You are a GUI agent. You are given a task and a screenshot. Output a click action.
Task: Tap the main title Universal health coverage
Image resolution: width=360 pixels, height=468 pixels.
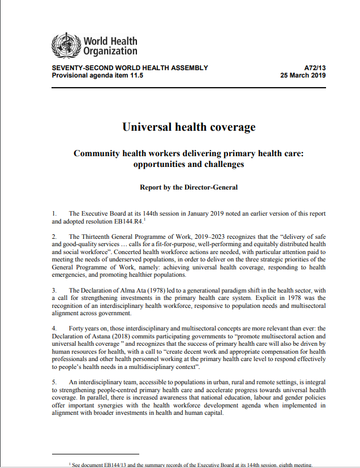click(188, 126)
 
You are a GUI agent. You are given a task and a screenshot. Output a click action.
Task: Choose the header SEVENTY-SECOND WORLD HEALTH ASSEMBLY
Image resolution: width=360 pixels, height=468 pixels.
click(130, 68)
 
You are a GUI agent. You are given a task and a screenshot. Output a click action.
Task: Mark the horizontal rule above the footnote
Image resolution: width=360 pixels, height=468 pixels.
click(95, 454)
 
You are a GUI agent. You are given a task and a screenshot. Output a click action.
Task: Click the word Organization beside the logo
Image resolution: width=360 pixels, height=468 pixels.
click(110, 51)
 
